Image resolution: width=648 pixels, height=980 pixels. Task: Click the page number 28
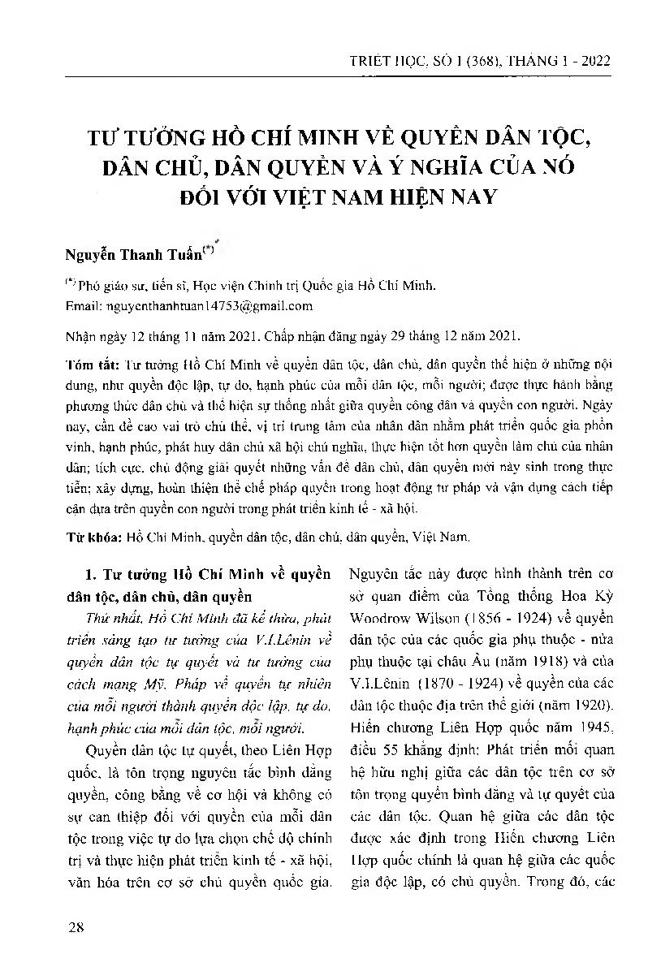pos(77,927)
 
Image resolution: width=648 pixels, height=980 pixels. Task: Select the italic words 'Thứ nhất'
pos(114,617)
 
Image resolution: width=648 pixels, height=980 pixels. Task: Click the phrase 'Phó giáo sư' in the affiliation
pos(106,287)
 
